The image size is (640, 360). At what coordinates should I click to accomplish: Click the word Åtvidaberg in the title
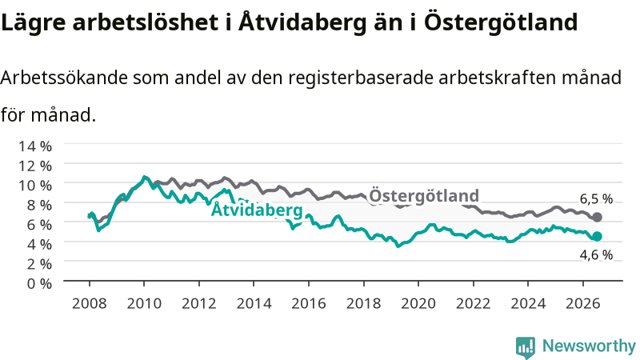point(302,22)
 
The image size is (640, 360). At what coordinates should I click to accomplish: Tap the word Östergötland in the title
point(501,22)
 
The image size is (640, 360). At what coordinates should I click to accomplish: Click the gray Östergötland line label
point(424,195)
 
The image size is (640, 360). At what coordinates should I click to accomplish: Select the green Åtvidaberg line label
point(257,210)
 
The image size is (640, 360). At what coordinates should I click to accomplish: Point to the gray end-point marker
point(597,217)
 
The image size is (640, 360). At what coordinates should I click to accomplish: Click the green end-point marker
point(597,236)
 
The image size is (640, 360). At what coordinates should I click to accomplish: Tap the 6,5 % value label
point(596,198)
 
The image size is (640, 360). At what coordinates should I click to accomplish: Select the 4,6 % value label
point(596,255)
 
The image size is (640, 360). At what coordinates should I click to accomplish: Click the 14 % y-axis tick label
point(35,146)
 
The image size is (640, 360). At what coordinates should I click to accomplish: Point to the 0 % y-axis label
point(39,283)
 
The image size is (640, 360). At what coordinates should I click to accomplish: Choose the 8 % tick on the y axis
point(39,205)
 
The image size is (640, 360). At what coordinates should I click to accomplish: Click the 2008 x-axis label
point(90,304)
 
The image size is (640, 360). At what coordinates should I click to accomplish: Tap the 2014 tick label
point(254,304)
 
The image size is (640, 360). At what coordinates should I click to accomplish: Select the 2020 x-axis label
point(418,304)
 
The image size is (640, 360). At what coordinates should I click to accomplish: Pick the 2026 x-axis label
point(583,304)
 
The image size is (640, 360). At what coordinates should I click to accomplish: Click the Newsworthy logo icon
point(526,346)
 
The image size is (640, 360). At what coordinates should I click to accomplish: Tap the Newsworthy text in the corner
point(589,346)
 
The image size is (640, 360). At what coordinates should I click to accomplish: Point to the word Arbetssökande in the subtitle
point(64,78)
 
